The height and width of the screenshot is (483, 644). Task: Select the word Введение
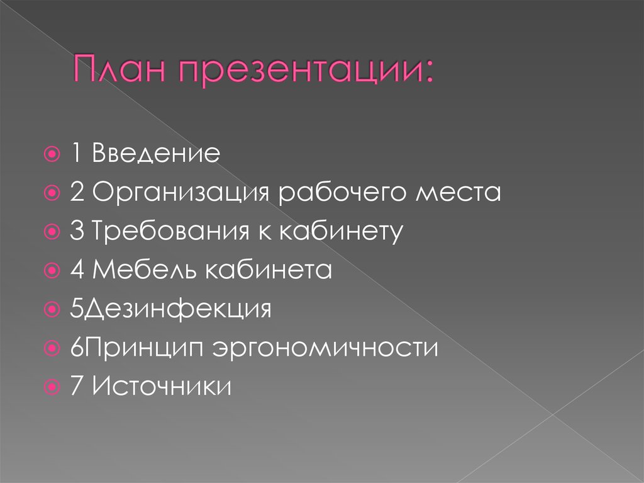[156, 154]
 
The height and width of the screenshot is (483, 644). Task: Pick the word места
[458, 193]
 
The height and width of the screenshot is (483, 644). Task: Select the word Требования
[172, 232]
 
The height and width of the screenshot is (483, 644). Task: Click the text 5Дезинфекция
[171, 309]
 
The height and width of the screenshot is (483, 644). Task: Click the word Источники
[162, 386]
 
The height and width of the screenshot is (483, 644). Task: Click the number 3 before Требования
[76, 232]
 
